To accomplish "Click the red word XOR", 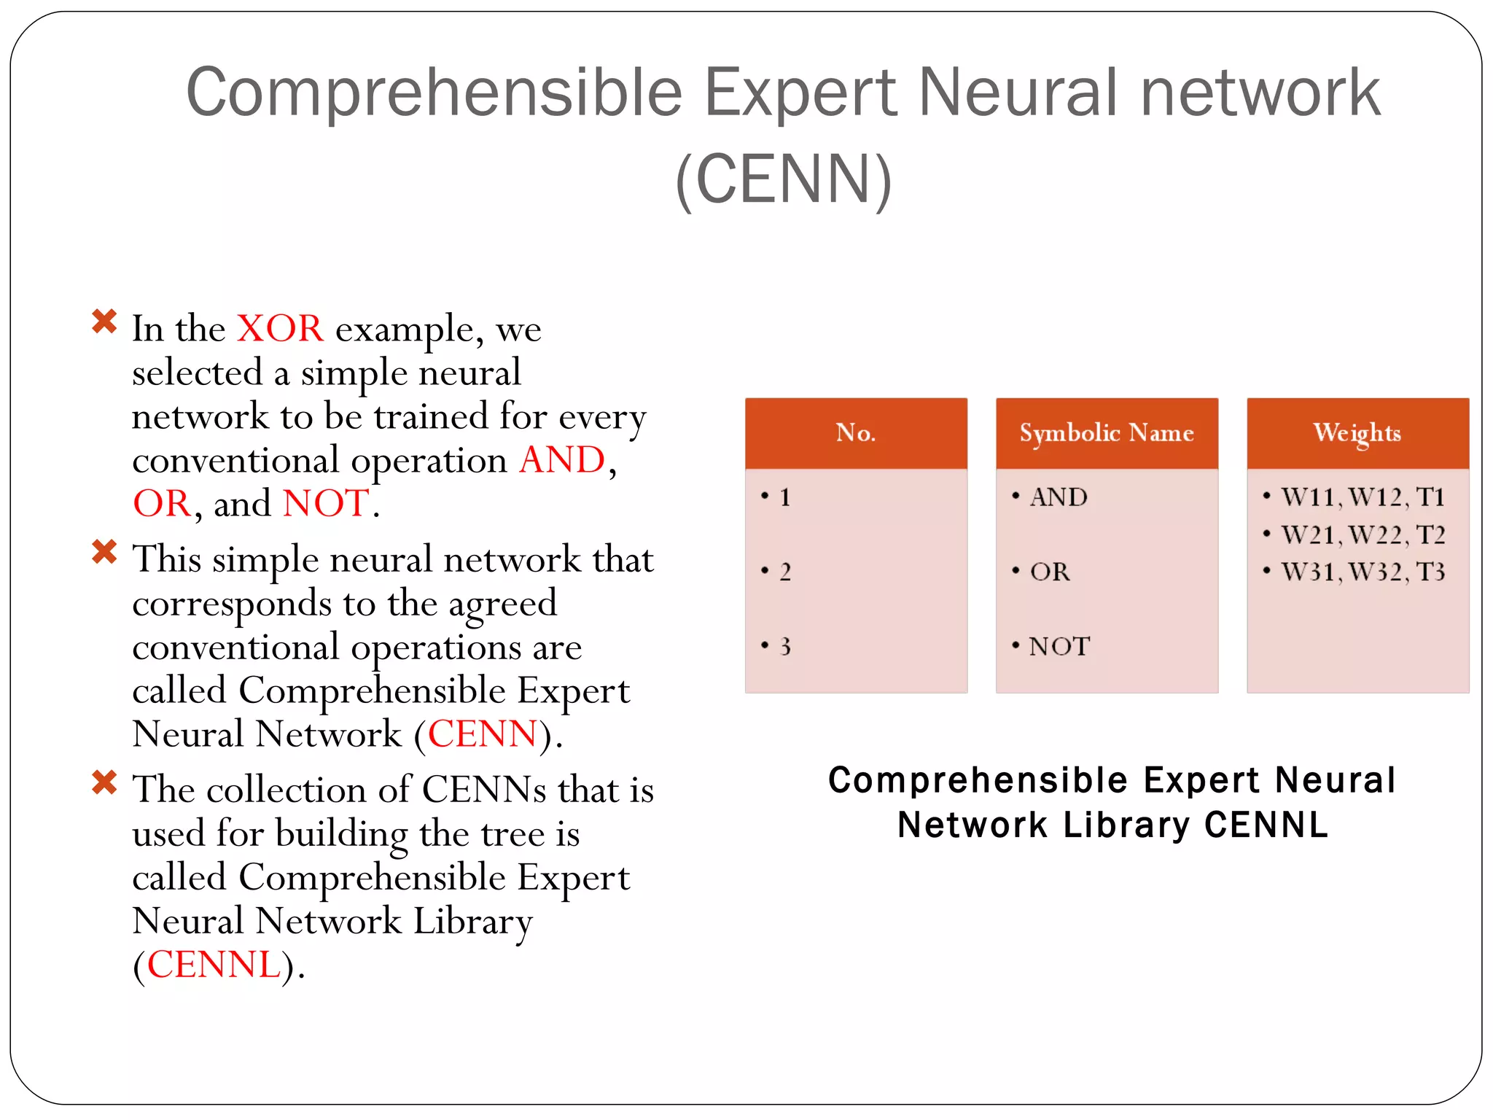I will point(280,329).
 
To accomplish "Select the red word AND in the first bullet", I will point(561,460).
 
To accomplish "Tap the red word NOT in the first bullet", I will point(326,504).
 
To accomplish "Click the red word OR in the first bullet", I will point(162,504).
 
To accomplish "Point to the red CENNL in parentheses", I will point(214,965).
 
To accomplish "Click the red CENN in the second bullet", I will point(483,734).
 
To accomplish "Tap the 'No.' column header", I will point(855,433).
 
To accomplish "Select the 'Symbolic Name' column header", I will point(1106,433).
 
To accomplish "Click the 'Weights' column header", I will point(1357,433).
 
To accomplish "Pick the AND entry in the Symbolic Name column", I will point(1058,497).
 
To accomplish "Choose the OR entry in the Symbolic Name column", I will point(1050,572).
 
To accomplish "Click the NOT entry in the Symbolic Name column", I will point(1059,647).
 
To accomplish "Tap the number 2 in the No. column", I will point(784,572).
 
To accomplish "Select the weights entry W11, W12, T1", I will point(1363,497).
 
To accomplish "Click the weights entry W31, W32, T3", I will point(1363,572).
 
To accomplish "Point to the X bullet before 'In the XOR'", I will point(104,322).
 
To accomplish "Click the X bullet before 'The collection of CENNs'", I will point(104,782).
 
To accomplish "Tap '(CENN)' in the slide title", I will point(783,179).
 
